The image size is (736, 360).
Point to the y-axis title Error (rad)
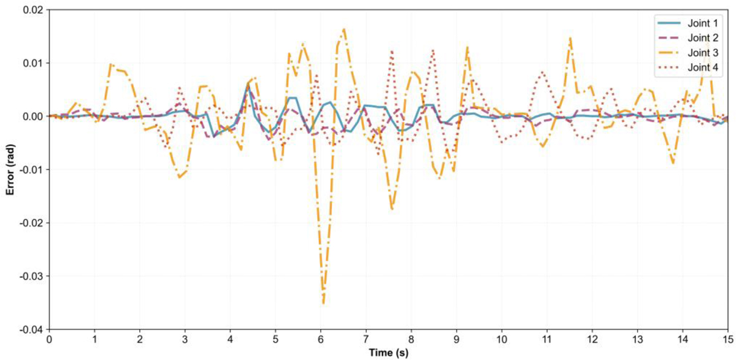[x=10, y=169]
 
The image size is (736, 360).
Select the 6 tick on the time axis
[x=320, y=339]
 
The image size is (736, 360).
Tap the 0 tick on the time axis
[x=49, y=339]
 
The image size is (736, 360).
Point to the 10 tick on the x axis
[x=502, y=339]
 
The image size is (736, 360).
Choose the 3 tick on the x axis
[x=185, y=339]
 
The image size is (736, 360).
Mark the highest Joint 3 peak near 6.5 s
[x=344, y=29]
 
